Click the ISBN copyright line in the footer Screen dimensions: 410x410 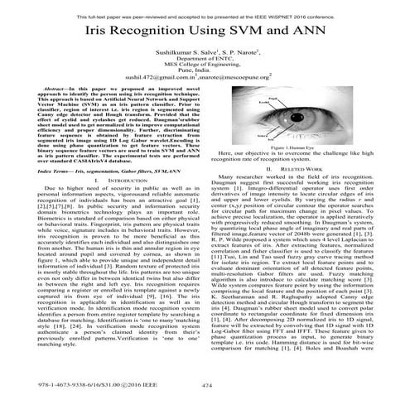tap(83, 383)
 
